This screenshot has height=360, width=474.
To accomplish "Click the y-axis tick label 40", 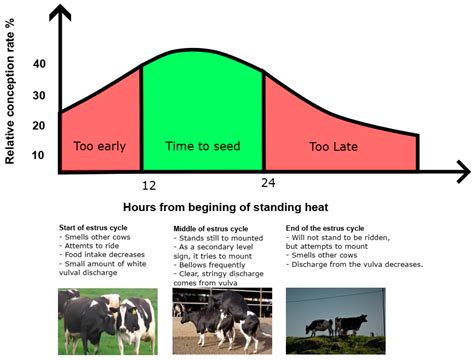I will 39,64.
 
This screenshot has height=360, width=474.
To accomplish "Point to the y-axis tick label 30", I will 39,96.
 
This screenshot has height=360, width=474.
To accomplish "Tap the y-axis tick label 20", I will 39,126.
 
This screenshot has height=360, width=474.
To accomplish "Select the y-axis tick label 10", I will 39,155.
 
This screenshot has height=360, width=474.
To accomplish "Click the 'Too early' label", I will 99,146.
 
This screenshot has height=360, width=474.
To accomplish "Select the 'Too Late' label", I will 334,147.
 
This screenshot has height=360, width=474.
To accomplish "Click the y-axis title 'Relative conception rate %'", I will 13,97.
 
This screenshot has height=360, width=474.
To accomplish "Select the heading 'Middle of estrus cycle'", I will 211,229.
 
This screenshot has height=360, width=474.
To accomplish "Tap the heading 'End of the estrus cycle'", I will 334,229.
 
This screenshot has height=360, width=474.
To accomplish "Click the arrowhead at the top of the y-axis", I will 62,11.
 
